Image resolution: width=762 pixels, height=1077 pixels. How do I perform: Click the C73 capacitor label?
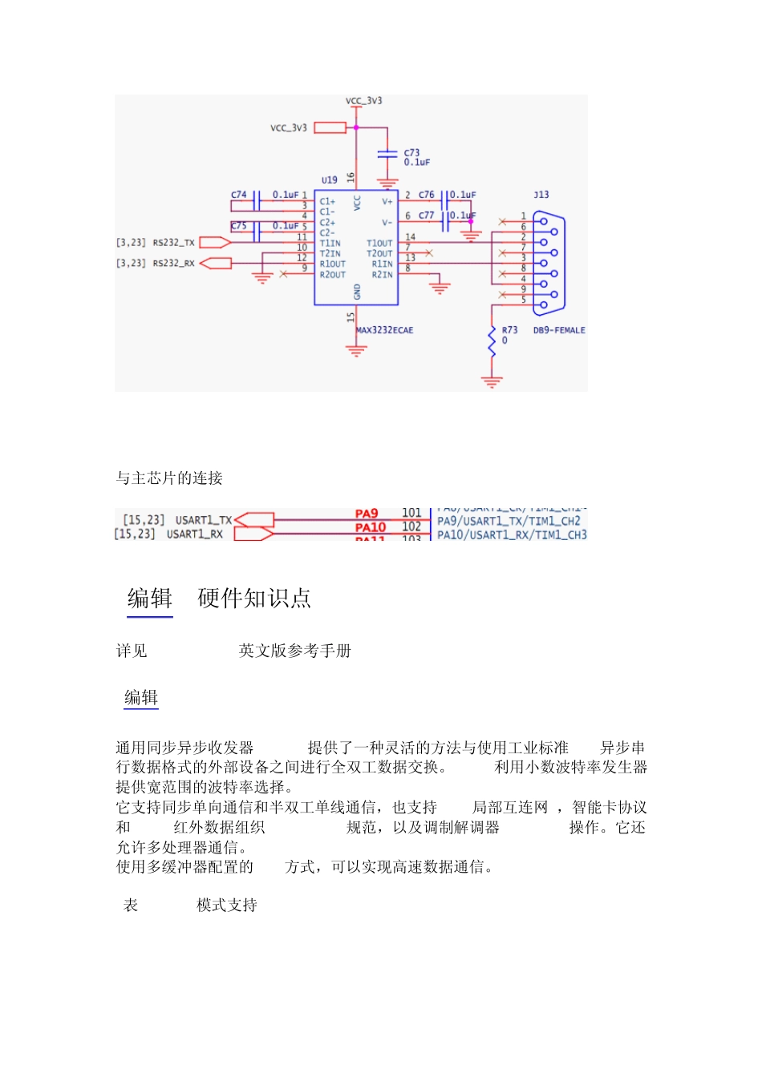(x=411, y=152)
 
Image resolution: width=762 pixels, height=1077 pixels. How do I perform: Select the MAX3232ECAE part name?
(x=385, y=330)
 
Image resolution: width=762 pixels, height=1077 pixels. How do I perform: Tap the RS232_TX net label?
(x=173, y=242)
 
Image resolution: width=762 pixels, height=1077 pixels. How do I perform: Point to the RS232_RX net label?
(x=173, y=263)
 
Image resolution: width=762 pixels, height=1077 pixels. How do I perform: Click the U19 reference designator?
(x=329, y=180)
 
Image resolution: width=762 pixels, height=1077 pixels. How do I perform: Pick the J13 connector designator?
(x=541, y=195)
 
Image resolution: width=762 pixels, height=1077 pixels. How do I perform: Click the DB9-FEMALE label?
(x=559, y=330)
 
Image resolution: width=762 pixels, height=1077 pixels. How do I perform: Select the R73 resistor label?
(x=509, y=330)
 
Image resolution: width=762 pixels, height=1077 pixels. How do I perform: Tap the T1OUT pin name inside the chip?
(x=379, y=243)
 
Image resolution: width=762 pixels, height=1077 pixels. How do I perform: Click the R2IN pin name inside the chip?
(x=382, y=275)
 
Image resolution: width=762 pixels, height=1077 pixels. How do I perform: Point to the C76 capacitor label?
(x=426, y=195)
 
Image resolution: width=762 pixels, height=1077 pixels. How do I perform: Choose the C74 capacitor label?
(x=239, y=195)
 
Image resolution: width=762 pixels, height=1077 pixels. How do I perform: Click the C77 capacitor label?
(x=426, y=216)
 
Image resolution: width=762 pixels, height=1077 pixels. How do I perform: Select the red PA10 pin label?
(x=371, y=527)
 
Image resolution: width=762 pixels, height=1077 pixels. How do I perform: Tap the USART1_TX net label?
(x=204, y=520)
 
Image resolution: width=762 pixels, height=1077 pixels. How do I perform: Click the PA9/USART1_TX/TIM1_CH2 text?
(x=509, y=521)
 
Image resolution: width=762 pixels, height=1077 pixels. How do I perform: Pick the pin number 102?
(x=411, y=526)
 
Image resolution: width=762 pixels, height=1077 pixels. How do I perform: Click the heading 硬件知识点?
(x=254, y=599)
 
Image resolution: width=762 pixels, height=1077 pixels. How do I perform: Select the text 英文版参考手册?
(x=295, y=651)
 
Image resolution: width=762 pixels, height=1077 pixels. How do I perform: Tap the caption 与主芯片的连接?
(x=169, y=478)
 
